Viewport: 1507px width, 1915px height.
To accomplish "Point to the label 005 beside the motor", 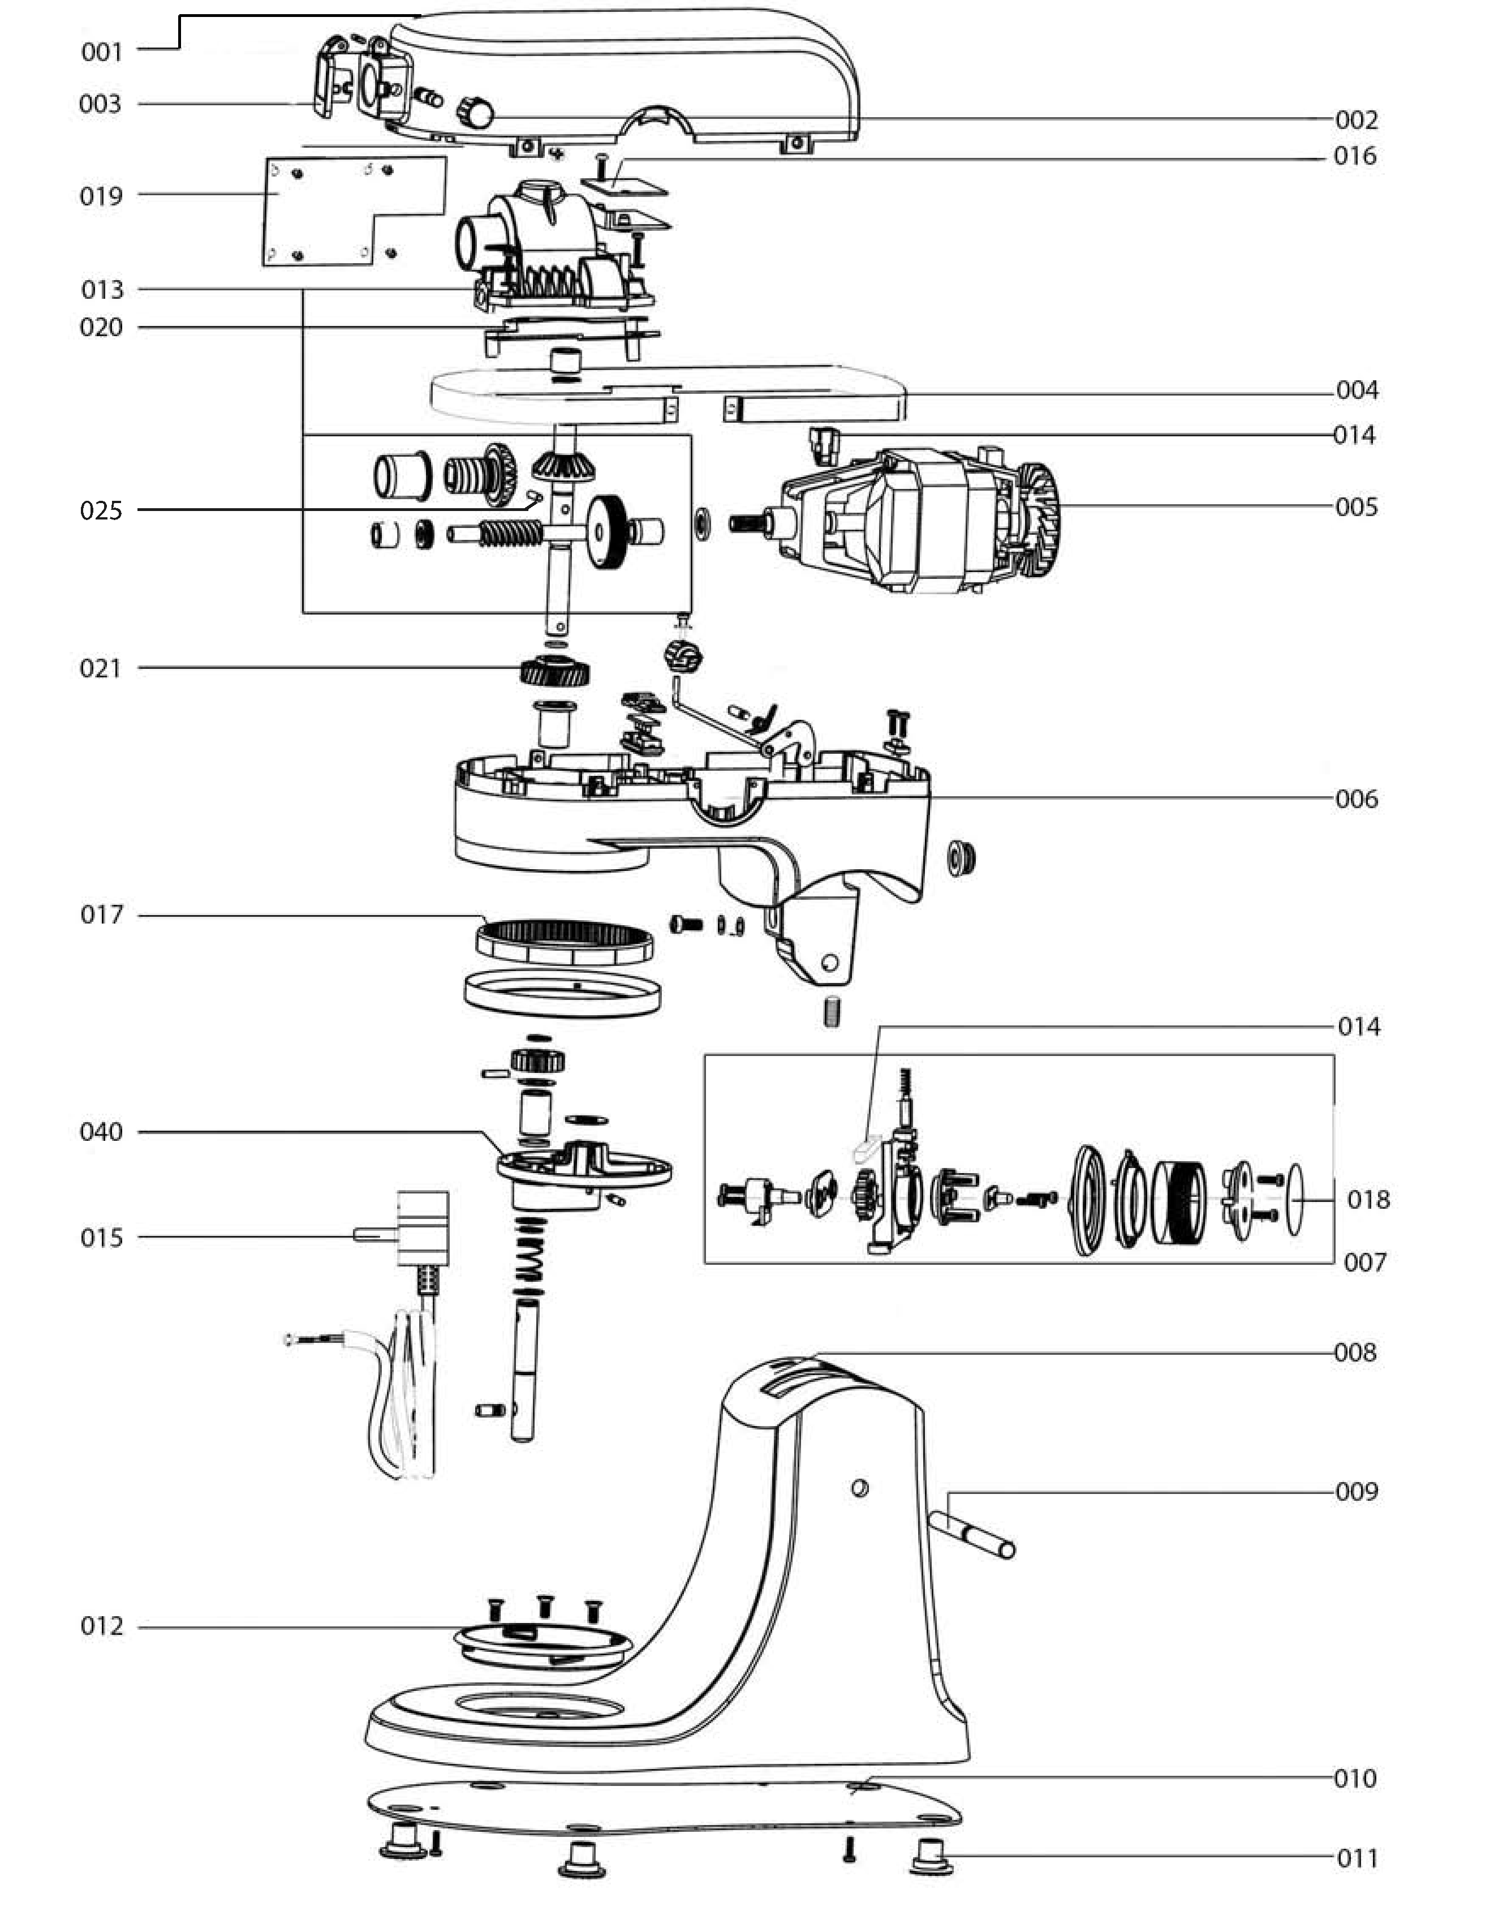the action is (x=1356, y=508).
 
